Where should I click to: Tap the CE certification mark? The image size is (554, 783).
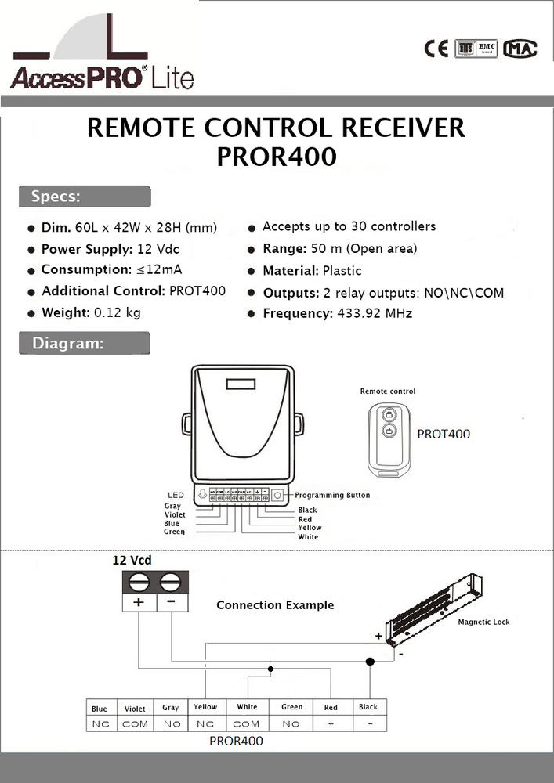pos(436,49)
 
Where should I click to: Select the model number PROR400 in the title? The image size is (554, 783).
pos(276,156)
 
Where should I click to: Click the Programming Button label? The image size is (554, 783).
pos(332,496)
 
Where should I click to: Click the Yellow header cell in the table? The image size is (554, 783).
pos(205,707)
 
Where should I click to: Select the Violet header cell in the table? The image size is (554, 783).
pos(135,709)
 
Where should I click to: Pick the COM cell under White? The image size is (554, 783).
pos(247,724)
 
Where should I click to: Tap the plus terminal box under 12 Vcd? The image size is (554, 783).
pos(139,602)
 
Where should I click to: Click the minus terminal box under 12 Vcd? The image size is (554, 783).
pos(172,602)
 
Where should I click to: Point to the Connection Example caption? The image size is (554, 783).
pos(275,605)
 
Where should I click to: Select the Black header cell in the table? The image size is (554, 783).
pos(368,707)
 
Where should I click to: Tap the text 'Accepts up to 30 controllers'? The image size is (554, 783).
pos(349,226)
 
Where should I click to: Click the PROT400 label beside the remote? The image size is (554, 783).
pos(444,434)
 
